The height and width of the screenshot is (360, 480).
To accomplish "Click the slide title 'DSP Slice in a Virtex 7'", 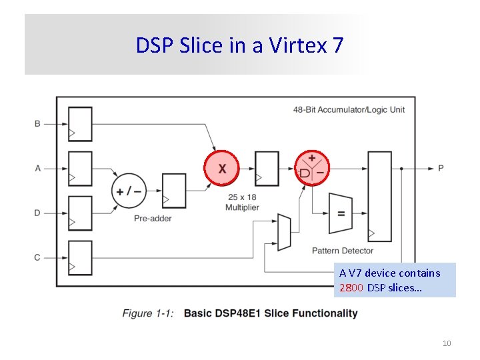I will click(240, 45).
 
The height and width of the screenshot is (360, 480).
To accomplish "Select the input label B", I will click(37, 123).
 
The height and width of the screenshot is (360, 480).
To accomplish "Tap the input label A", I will click(37, 168).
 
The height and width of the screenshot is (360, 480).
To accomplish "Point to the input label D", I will click(37, 213).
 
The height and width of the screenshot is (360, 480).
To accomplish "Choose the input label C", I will click(37, 257).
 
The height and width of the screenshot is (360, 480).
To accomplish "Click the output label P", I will click(441, 168).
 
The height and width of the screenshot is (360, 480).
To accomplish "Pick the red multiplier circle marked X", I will click(221, 168).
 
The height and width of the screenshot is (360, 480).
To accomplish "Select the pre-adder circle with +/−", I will click(129, 191).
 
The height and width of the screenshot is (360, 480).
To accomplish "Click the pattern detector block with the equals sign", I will click(341, 214).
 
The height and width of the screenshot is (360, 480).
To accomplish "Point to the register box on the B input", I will click(80, 124).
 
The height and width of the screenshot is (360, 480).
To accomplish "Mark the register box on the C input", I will click(80, 258).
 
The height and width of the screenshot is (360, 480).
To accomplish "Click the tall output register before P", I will click(380, 195).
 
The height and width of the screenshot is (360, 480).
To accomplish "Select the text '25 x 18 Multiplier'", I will click(242, 202).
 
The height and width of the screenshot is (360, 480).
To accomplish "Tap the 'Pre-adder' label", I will click(153, 218).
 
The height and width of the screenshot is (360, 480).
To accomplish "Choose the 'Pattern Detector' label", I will click(343, 251).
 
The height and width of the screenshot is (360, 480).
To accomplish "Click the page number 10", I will click(447, 343).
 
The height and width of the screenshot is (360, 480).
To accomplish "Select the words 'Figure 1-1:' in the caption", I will click(148, 313).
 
